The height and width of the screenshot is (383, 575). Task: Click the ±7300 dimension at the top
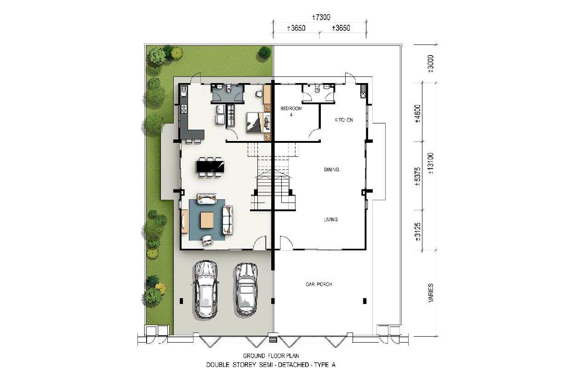click(x=321, y=17)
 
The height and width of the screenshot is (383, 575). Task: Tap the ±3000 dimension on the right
click(x=431, y=64)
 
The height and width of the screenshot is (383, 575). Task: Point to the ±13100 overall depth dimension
click(x=431, y=163)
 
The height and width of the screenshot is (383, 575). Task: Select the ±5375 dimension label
click(x=418, y=176)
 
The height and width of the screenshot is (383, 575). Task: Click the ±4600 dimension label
click(x=418, y=114)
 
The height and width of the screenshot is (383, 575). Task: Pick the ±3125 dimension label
click(x=418, y=232)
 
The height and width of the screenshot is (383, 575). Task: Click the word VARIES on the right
click(x=431, y=293)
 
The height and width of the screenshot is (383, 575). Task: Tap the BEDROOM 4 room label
click(x=291, y=111)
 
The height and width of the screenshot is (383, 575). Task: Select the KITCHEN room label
click(x=344, y=120)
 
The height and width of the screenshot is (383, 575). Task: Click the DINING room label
click(x=331, y=169)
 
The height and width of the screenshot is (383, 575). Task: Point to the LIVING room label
click(x=330, y=220)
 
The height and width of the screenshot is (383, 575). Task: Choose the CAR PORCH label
click(x=319, y=284)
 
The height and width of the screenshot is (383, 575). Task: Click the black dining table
click(x=210, y=167)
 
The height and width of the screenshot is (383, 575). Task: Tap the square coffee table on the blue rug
click(x=207, y=220)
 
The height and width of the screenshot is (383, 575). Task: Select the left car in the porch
click(x=205, y=290)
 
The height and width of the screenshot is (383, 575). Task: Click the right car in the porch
click(x=246, y=289)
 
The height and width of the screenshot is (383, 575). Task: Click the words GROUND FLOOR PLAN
click(x=271, y=356)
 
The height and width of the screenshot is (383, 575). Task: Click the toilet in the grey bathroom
click(x=229, y=89)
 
